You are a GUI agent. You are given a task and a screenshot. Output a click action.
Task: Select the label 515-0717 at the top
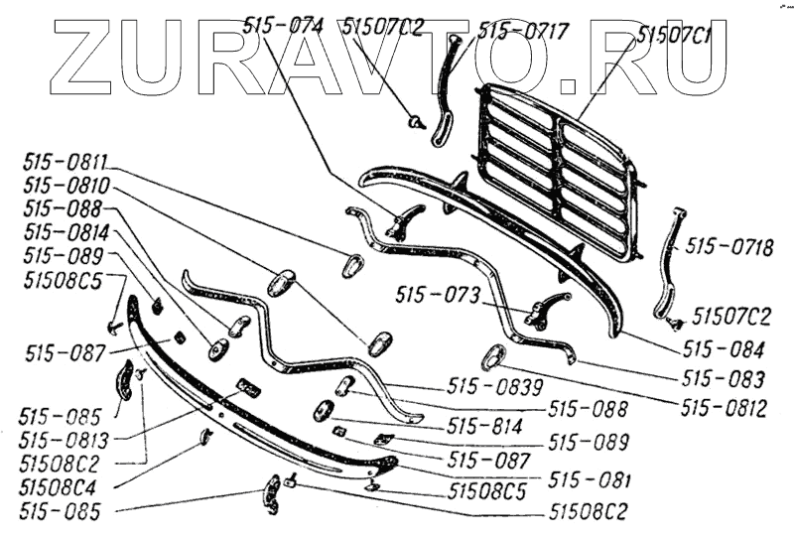tap(523, 32)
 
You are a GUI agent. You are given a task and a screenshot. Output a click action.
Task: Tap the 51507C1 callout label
tap(675, 36)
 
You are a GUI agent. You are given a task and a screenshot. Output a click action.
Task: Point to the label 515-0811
tap(65, 163)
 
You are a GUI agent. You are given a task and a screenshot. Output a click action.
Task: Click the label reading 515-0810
tap(66, 186)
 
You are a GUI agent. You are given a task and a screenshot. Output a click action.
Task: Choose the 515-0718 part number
tap(729, 247)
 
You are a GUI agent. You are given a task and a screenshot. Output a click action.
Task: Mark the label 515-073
tap(437, 295)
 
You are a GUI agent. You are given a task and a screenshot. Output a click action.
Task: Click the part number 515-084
tap(724, 350)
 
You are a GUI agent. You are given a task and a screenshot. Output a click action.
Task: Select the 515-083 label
tap(724, 379)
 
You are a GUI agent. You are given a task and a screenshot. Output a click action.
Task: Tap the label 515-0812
tap(724, 408)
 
